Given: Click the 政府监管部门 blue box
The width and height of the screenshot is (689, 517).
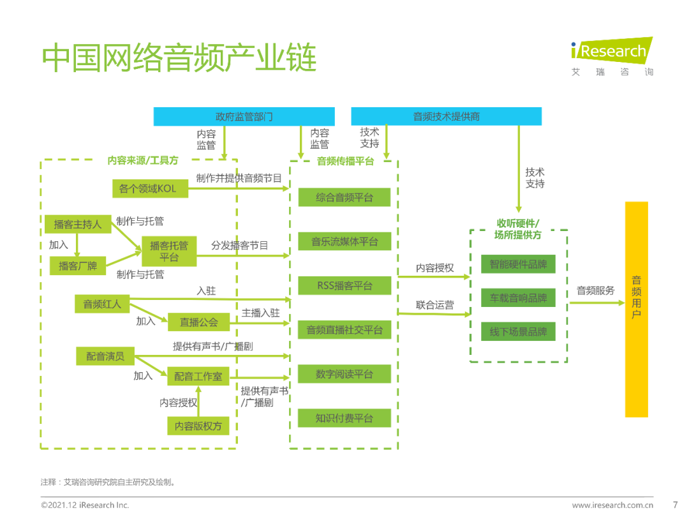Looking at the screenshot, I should pyautogui.click(x=244, y=116).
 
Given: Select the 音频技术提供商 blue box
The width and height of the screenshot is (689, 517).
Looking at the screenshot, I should pyautogui.click(x=446, y=116).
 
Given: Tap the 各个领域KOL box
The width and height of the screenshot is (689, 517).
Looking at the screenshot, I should pyautogui.click(x=147, y=188).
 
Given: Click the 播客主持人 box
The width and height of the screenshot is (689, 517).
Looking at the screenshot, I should pyautogui.click(x=78, y=224).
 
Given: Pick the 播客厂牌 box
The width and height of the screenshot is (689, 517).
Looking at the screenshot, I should pyautogui.click(x=78, y=266).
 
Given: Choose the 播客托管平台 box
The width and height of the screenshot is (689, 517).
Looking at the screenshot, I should pyautogui.click(x=169, y=251).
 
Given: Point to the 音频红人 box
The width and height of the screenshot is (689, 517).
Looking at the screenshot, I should pyautogui.click(x=102, y=304).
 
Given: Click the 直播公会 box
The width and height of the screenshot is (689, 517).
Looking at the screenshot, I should pyautogui.click(x=198, y=322).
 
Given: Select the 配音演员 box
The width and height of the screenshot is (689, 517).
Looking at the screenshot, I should pyautogui.click(x=105, y=356).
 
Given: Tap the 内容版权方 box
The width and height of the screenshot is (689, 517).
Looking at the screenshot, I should pyautogui.click(x=198, y=426).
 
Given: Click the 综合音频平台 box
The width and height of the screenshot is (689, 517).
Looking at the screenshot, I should pyautogui.click(x=344, y=197).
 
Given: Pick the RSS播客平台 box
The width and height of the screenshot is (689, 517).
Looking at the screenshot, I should pyautogui.click(x=344, y=285).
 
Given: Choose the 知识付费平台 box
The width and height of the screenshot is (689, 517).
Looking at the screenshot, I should pyautogui.click(x=344, y=418).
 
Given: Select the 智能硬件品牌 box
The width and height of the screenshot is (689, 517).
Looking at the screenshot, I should pyautogui.click(x=518, y=264).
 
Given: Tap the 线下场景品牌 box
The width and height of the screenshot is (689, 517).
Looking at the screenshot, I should pyautogui.click(x=518, y=331).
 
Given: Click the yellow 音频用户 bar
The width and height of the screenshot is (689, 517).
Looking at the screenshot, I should pyautogui.click(x=636, y=310).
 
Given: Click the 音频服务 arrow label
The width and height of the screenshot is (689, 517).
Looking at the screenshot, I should pyautogui.click(x=596, y=290).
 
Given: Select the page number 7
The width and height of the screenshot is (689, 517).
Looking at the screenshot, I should pyautogui.click(x=676, y=504).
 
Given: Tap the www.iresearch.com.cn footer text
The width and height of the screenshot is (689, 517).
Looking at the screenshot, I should pyautogui.click(x=612, y=505).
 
